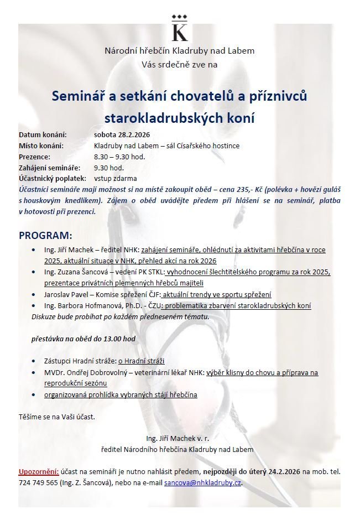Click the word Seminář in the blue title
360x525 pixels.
pyautogui.click(x=77, y=96)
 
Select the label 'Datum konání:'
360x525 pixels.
pyautogui.click(x=43, y=134)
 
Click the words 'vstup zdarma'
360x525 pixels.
pyautogui.click(x=116, y=179)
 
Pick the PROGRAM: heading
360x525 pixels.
pyautogui.click(x=45, y=235)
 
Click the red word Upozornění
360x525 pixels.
pyautogui.click(x=39, y=471)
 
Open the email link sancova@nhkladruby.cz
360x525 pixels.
pyautogui.click(x=203, y=482)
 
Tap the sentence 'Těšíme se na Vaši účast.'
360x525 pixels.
pyautogui.click(x=57, y=416)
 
